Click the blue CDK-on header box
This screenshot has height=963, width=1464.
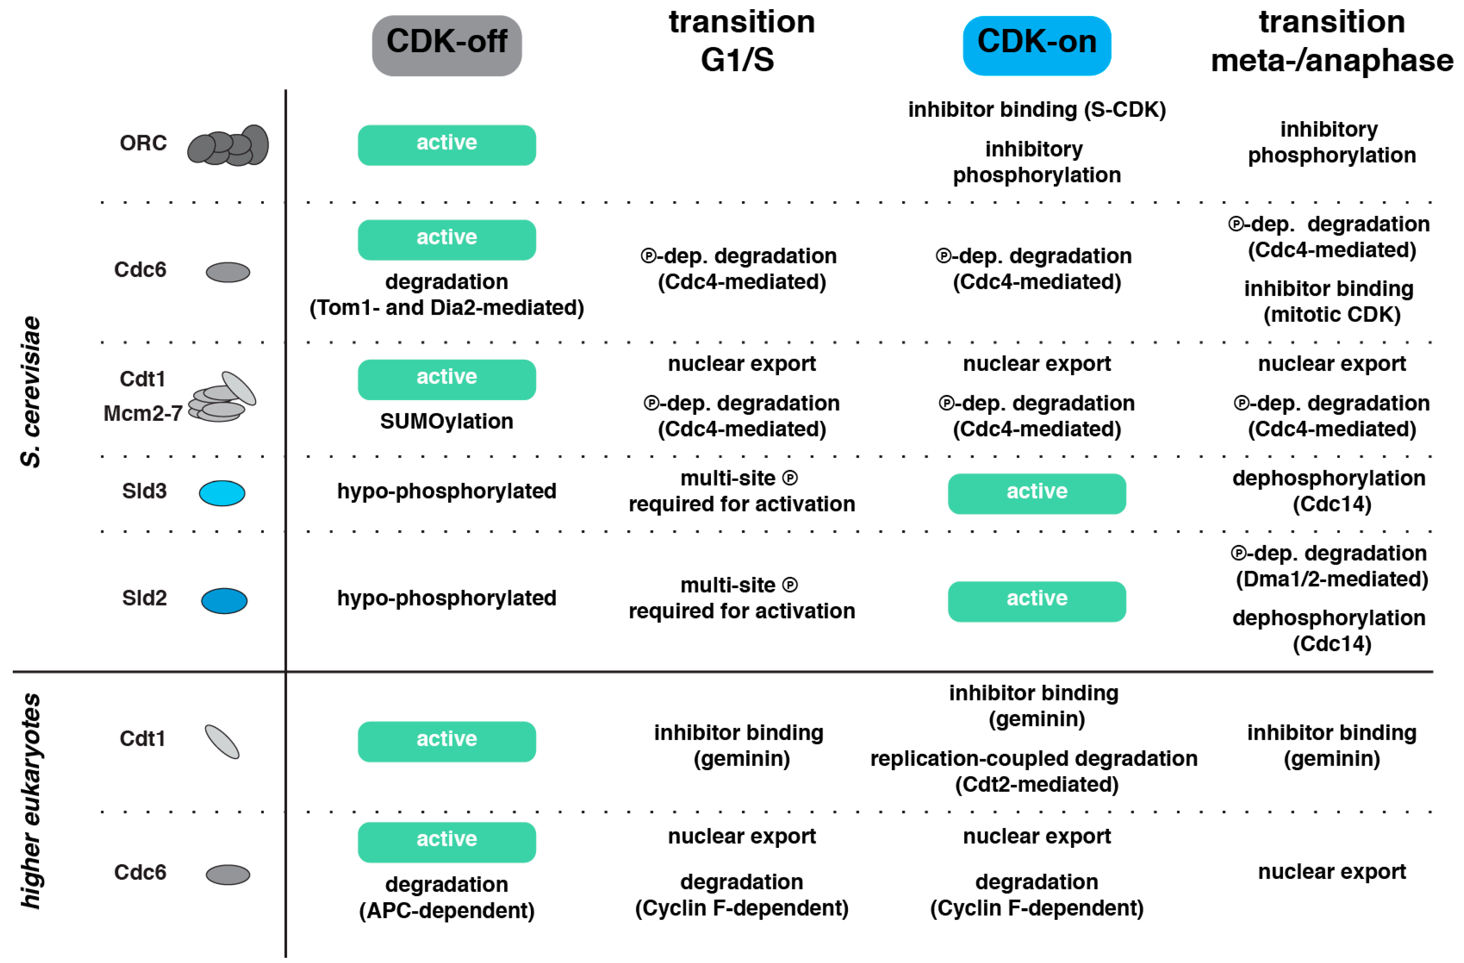[1037, 45]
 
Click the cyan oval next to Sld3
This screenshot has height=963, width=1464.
[222, 493]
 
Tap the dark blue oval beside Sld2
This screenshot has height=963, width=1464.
[225, 600]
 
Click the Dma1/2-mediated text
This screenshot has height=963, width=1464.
[1332, 579]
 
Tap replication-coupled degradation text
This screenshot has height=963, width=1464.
[1033, 759]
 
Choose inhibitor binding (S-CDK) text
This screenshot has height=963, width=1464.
[1037, 110]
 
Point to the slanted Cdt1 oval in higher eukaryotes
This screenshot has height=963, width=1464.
[222, 742]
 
